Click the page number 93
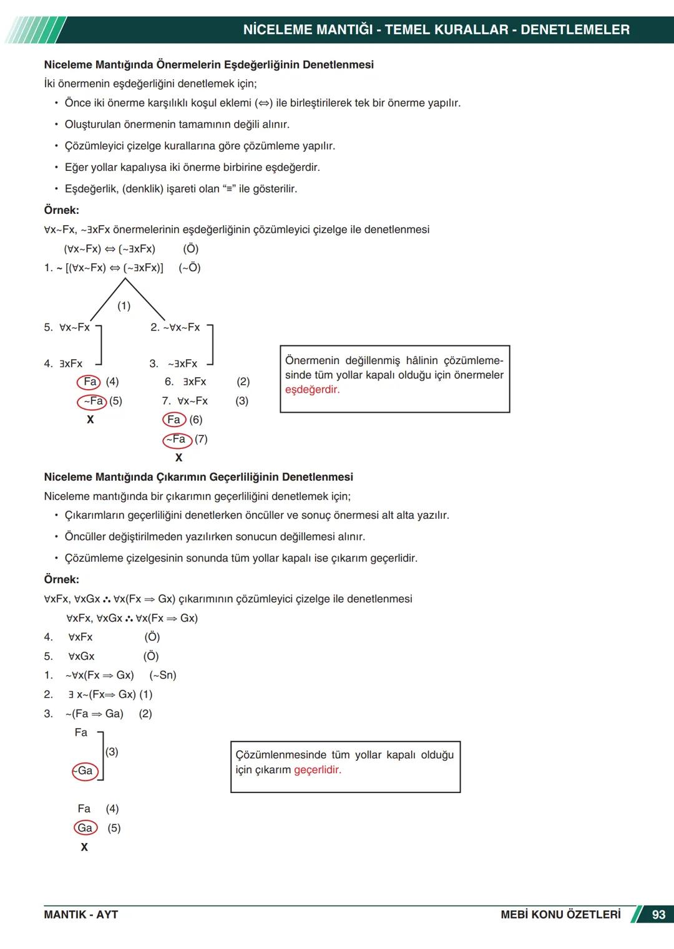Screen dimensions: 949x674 pos(658,915)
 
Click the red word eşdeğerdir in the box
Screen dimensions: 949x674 pos(312,390)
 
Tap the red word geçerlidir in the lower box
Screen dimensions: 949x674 pos(317,770)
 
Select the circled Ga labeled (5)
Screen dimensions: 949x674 pos(85,828)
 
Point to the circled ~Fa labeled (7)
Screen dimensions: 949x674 pos(177,440)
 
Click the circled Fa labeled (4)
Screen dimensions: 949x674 pos(89,382)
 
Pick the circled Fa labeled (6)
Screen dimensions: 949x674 pos(173,420)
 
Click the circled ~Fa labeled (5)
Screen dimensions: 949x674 pos(92,402)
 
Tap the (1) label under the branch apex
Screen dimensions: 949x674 pos(124,306)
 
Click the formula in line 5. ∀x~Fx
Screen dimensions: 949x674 pos(74,327)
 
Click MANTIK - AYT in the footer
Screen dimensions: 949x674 pos(81,915)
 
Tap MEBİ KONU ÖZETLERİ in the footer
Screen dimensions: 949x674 pos(560,915)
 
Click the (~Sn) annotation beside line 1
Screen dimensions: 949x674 pos(163,675)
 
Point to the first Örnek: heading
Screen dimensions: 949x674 pos(61,210)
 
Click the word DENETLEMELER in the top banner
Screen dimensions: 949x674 pos(575,29)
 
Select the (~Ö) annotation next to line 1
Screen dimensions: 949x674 pos(190,267)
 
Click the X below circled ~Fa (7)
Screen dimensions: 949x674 pos(178,458)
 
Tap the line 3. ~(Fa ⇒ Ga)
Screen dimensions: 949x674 pos(94,714)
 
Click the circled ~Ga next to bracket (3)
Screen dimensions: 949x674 pos(85,771)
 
